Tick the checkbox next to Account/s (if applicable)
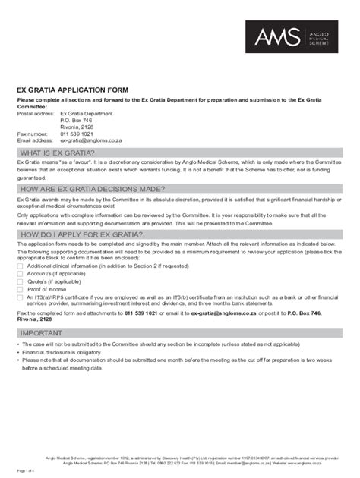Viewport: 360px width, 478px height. click(21, 274)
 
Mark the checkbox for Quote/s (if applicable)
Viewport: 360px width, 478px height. click(21, 281)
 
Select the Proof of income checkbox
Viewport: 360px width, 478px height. click(21, 289)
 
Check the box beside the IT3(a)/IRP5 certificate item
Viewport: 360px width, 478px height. click(21, 297)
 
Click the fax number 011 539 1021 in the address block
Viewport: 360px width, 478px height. click(77, 134)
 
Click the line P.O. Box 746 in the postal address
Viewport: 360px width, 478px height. click(76, 120)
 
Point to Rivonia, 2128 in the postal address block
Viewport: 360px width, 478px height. click(77, 127)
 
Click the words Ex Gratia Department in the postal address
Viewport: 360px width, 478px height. click(86, 113)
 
